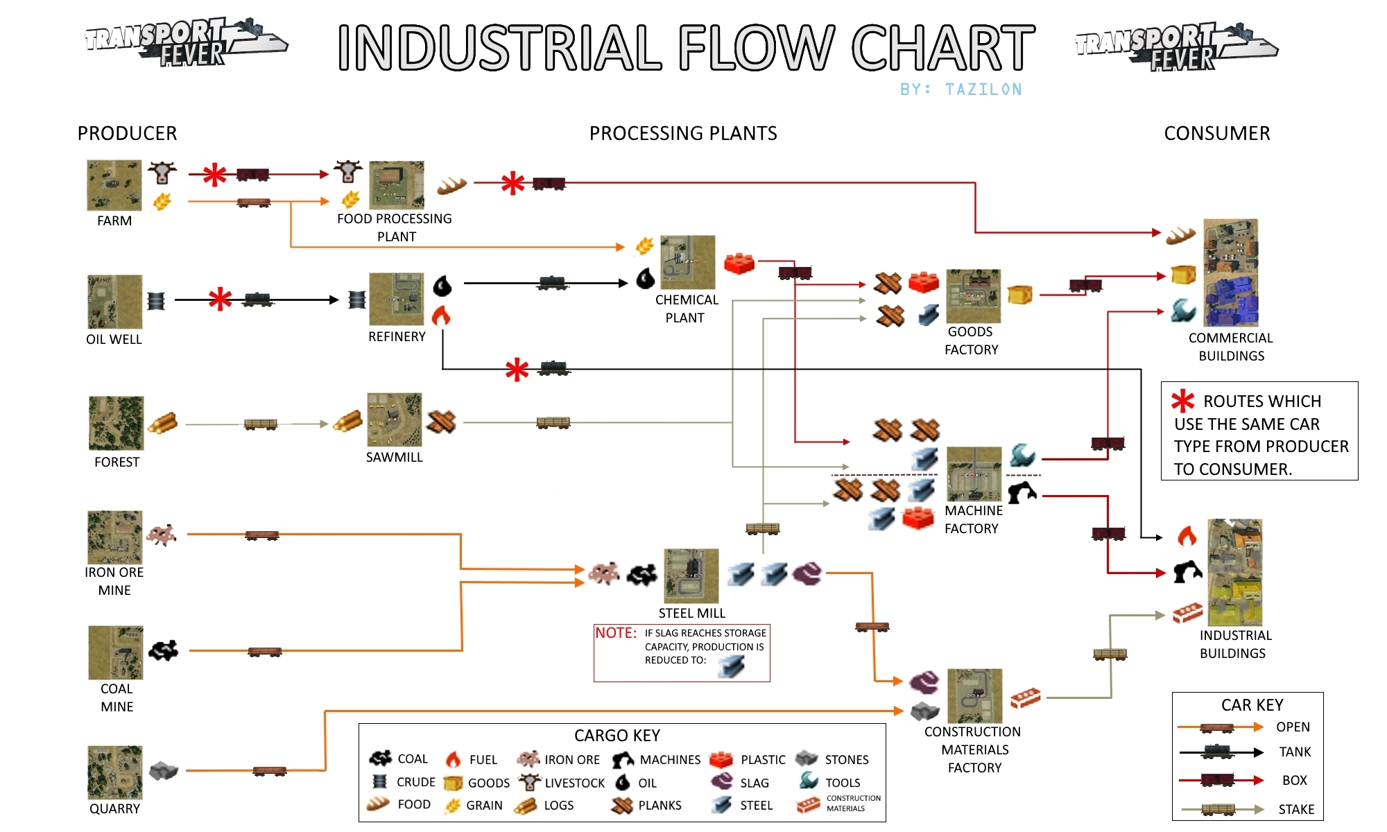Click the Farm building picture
114,185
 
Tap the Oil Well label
114,339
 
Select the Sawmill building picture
395,420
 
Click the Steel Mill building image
691,576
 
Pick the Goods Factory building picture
974,296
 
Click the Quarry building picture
115,772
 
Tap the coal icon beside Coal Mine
164,650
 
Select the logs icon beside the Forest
163,422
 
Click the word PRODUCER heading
128,133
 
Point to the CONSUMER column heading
1217,133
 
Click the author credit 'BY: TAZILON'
960,89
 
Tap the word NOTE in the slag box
615,633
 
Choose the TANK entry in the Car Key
1295,752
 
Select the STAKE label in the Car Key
1296,809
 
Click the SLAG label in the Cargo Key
755,783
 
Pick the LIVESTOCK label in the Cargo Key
574,783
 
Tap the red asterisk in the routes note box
1182,401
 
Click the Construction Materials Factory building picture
975,696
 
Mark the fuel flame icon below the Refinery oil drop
441,316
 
